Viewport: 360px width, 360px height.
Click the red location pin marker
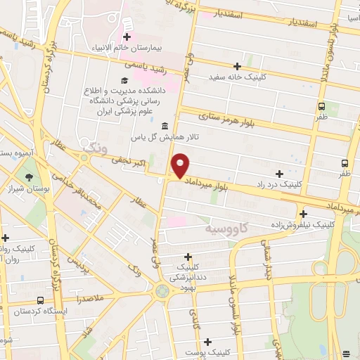tap(181, 165)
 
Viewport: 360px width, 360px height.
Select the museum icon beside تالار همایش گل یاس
tap(165, 126)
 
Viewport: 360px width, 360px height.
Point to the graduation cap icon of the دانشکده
tap(124, 81)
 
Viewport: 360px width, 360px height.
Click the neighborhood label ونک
tap(93, 148)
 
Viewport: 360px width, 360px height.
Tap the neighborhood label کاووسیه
tap(226, 229)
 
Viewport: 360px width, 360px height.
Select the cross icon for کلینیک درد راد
tap(280, 173)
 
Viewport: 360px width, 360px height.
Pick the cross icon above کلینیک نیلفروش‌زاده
tap(303, 214)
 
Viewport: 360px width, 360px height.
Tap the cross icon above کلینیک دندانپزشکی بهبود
tap(187, 257)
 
